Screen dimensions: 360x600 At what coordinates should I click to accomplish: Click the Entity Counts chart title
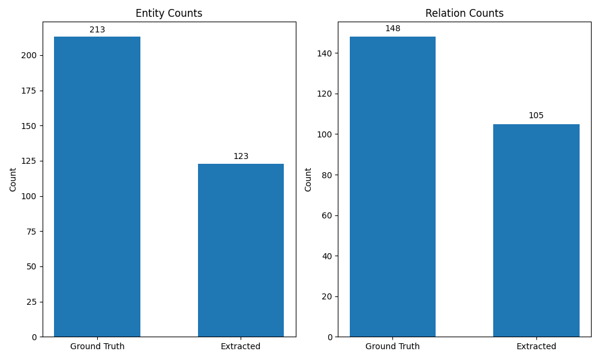169,13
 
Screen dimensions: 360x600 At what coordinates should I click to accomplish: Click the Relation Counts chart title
464,13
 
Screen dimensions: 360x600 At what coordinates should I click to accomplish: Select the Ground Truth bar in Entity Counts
97,187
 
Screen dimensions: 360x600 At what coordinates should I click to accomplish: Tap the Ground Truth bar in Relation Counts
392,187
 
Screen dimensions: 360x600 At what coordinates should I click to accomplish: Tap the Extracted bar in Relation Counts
536,230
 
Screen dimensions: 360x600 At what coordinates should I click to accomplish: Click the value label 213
97,29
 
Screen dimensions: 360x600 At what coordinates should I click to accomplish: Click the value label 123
241,156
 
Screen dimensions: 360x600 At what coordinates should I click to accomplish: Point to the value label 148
392,29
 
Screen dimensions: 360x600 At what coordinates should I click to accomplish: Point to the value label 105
536,116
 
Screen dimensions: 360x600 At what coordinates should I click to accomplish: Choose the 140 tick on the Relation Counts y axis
325,53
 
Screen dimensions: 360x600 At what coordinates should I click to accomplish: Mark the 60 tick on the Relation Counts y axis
327,215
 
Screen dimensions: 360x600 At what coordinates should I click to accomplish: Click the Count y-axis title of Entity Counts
13,179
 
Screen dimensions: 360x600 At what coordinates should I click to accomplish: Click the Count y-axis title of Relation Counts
308,179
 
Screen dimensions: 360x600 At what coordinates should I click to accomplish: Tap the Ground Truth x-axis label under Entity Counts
97,346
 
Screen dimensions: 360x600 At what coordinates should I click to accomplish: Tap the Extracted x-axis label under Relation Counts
536,346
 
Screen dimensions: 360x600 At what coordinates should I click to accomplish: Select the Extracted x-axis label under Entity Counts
241,346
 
